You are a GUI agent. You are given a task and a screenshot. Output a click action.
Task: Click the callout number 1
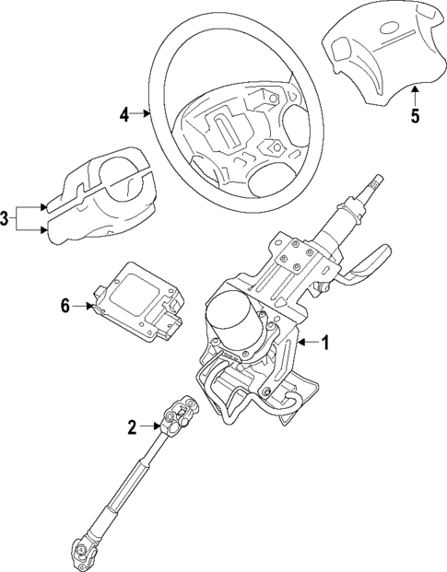[x=336, y=343]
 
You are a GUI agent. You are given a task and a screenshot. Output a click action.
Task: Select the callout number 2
[x=132, y=426]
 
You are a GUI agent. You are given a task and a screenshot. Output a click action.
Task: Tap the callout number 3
[x=6, y=218]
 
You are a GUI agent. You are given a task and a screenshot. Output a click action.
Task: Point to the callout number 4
[x=124, y=114]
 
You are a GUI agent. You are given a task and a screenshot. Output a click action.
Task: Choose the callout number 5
[x=414, y=115]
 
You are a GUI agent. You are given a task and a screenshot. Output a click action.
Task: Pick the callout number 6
[x=65, y=306]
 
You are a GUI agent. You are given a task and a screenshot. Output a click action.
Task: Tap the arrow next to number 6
[x=85, y=306]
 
